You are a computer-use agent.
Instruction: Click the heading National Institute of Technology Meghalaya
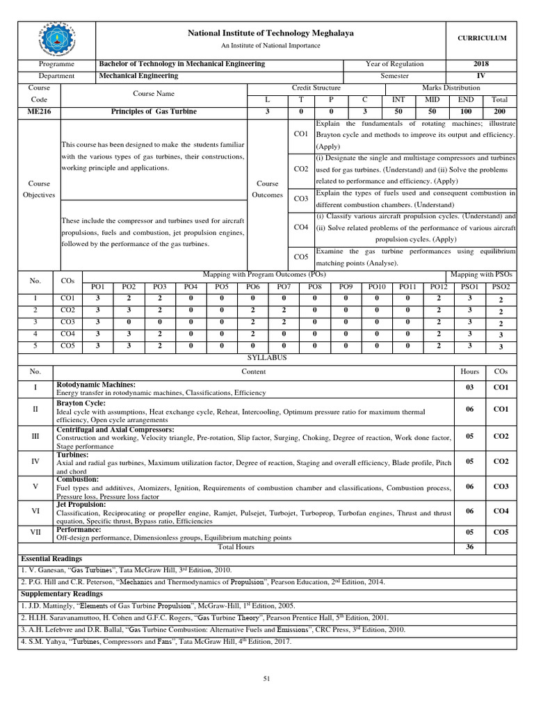[270, 33]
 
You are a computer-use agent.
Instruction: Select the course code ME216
[35, 111]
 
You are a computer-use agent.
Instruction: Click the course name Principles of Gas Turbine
[154, 111]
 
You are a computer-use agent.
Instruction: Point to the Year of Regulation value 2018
[480, 64]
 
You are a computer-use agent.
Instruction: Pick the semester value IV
[480, 76]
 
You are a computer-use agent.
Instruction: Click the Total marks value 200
[499, 111]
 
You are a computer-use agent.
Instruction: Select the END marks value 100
[467, 111]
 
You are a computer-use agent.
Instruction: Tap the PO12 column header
[439, 286]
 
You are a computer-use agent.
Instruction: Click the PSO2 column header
[501, 286]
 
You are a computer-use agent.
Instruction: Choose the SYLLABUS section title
[268, 357]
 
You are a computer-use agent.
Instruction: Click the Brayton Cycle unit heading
[81, 403]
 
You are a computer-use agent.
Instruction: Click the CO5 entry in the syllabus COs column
[501, 533]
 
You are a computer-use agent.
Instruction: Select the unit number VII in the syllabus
[35, 533]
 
